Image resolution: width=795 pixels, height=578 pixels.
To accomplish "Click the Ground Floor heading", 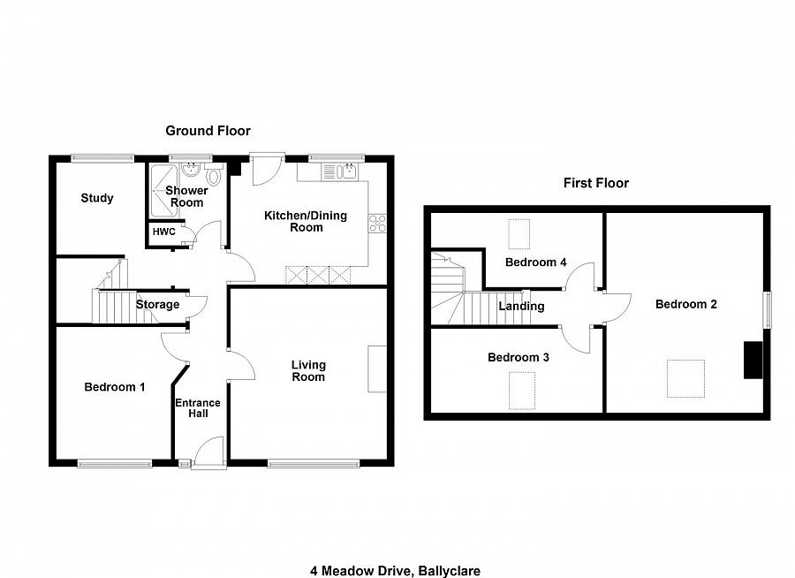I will (x=208, y=131).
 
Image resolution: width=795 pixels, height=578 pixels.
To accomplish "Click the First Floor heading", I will (x=596, y=183).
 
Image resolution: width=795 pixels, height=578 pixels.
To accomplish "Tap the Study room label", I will (x=97, y=198).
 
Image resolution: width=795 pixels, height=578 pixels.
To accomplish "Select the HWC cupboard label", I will (x=163, y=232).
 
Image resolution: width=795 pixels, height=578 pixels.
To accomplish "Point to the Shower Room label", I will (x=187, y=196).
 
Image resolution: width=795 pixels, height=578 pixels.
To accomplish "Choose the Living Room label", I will (x=309, y=370).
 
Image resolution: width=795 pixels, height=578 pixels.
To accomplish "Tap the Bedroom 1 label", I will (x=115, y=387).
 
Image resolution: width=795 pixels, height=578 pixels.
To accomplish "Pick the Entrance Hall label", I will (x=197, y=409).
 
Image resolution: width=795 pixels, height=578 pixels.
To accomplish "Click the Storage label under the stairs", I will (x=157, y=305).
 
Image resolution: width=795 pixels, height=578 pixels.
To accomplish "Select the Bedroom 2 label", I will (x=686, y=304).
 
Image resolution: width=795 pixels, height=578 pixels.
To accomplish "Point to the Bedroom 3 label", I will (x=519, y=358).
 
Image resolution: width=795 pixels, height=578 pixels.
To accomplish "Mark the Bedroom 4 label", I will (x=536, y=262).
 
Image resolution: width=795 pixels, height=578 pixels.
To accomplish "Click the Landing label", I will (x=521, y=307).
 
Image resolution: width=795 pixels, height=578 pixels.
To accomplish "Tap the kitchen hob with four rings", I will (x=379, y=223).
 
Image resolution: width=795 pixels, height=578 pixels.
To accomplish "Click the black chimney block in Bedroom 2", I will (x=753, y=361).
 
